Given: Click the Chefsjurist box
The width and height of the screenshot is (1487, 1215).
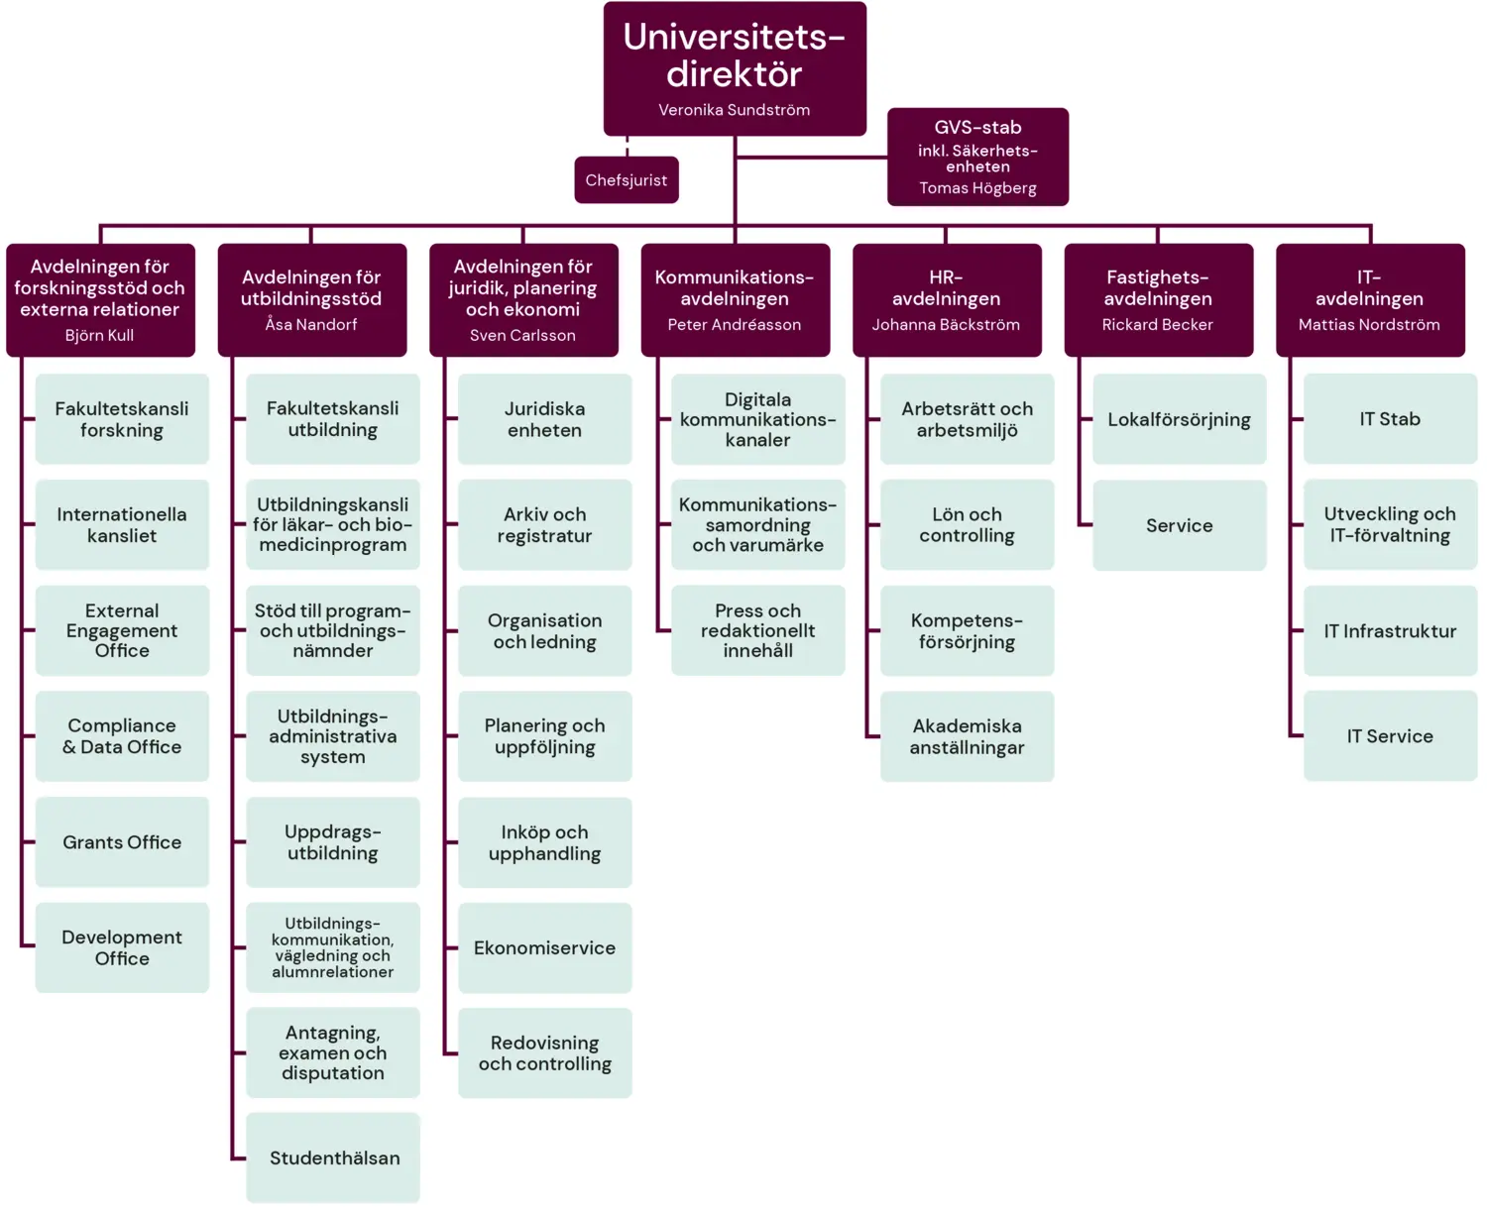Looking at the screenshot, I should pyautogui.click(x=627, y=180).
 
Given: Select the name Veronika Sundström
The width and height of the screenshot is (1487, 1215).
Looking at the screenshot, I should pyautogui.click(x=734, y=110).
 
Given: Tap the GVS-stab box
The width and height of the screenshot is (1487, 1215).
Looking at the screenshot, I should pyautogui.click(x=977, y=156).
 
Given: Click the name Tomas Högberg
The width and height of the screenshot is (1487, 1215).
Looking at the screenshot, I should pyautogui.click(x=977, y=188).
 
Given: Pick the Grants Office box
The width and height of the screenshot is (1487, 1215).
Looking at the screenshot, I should pyautogui.click(x=122, y=842).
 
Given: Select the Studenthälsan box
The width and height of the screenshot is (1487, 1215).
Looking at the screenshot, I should pyautogui.click(x=334, y=1158).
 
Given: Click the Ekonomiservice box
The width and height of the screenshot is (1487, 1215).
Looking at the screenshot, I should pyautogui.click(x=544, y=948).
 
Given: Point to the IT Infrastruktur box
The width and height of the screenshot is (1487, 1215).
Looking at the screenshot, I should pyautogui.click(x=1390, y=631).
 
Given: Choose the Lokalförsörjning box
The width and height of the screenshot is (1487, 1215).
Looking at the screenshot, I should pyautogui.click(x=1179, y=419).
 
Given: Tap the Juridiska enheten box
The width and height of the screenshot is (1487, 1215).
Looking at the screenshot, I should pyautogui.click(x=544, y=419).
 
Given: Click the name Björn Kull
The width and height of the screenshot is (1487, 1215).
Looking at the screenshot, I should pyautogui.click(x=99, y=335).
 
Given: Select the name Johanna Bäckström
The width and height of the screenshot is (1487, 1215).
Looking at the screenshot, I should pyautogui.click(x=946, y=324).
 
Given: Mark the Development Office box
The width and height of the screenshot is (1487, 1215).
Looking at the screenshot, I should pyautogui.click(x=122, y=947).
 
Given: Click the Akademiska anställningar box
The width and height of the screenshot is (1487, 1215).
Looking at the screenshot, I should pyautogui.click(x=967, y=736).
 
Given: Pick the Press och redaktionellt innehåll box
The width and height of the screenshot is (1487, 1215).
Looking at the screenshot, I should pyautogui.click(x=757, y=630).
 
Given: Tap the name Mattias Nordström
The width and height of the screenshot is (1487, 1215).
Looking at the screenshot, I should pyautogui.click(x=1369, y=324).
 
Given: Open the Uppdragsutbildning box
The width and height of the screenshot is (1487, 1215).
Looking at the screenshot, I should pyautogui.click(x=333, y=842).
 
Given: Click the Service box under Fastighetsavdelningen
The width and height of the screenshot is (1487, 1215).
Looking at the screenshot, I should pyautogui.click(x=1179, y=525).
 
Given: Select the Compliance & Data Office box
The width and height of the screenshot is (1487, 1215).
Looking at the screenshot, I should pyautogui.click(x=122, y=736).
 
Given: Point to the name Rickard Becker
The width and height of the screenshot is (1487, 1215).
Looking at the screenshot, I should pyautogui.click(x=1157, y=324).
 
